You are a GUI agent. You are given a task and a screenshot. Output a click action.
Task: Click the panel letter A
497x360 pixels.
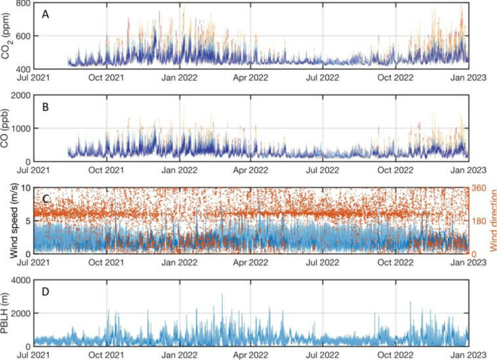[x=46, y=13]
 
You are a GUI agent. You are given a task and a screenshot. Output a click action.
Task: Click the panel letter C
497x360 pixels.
[x=46, y=197]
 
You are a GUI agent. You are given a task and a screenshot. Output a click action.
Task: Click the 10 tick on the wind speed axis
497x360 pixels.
[x=30, y=188]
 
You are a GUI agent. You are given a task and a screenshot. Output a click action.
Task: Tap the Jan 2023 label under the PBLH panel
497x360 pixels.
[x=467, y=355]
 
